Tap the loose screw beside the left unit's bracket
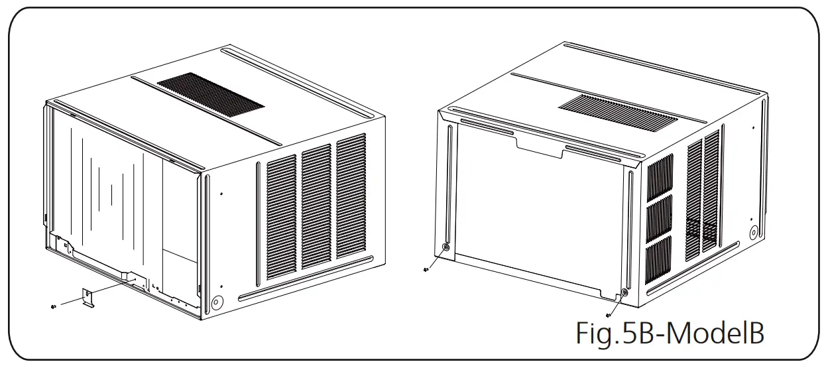(x=52, y=305)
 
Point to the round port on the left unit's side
(x=215, y=300)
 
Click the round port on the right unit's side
(x=753, y=233)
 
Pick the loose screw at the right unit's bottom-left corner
(x=425, y=269)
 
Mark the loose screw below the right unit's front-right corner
(x=609, y=315)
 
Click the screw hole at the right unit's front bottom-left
(x=445, y=247)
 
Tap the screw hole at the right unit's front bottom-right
(x=624, y=292)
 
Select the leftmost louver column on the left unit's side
(x=281, y=218)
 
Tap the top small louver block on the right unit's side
(x=659, y=176)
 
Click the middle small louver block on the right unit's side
(x=659, y=215)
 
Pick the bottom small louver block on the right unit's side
(x=659, y=256)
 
